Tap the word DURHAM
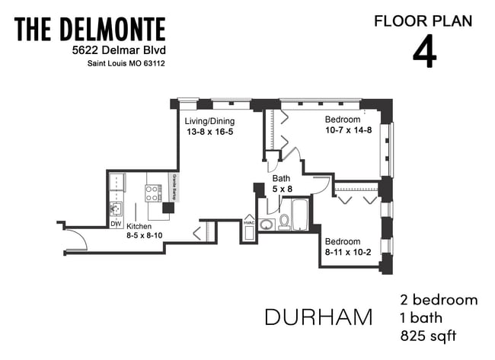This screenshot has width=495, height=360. (318, 316)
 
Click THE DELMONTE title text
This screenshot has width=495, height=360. (89, 30)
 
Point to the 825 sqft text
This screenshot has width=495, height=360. (430, 334)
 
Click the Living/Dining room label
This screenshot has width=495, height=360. (209, 121)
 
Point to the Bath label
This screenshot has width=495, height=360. (281, 179)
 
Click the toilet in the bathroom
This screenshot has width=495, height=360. (284, 221)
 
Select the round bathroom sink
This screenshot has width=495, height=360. (267, 224)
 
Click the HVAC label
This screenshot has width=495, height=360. (249, 221)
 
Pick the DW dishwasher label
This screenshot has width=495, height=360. (116, 224)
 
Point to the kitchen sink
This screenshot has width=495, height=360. (117, 207)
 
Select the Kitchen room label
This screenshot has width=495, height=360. (139, 226)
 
